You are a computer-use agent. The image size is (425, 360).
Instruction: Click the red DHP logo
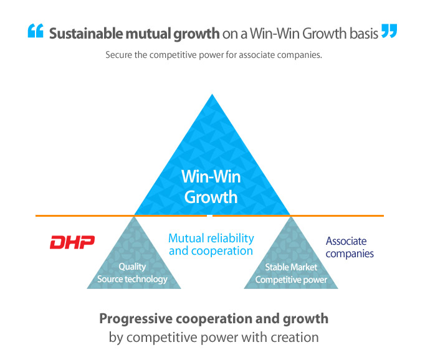[72, 242]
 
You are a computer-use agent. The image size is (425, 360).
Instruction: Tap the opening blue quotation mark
[36, 31]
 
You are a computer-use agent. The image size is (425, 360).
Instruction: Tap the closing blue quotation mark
[389, 31]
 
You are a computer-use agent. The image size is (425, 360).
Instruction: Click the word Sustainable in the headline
[85, 34]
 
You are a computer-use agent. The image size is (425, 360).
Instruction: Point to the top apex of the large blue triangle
[212, 94]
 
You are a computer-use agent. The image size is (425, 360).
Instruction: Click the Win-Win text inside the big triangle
[211, 177]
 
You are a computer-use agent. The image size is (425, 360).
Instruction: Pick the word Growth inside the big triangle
[211, 197]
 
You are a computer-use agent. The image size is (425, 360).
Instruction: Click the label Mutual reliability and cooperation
[211, 245]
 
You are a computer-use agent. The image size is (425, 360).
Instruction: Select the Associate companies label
[350, 247]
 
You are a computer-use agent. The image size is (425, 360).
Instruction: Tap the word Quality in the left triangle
[132, 267]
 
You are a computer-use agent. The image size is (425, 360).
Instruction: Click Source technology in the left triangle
[132, 279]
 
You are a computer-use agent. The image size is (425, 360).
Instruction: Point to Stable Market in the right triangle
[291, 267]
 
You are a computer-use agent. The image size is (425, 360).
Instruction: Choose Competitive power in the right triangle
[291, 280]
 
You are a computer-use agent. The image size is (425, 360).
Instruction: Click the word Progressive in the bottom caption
[136, 319]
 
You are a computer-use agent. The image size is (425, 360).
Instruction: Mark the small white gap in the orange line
[209, 216]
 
